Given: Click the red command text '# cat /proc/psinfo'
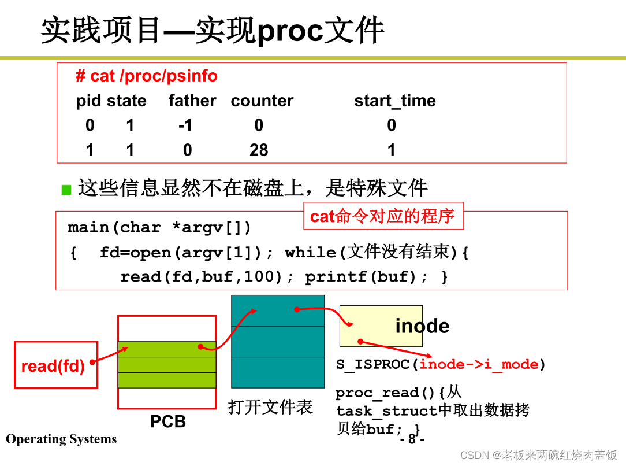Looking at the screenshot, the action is click(x=147, y=76).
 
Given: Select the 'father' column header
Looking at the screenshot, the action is click(x=192, y=101).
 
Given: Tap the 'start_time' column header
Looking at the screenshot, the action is click(x=395, y=101).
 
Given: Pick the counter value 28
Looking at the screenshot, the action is click(x=259, y=150).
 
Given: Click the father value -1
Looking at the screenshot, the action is click(x=185, y=125).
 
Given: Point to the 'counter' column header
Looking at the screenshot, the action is click(x=262, y=101).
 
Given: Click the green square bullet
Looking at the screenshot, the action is click(x=66, y=190).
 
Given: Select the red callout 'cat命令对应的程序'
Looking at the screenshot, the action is click(x=383, y=216).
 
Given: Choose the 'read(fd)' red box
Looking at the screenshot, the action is click(x=55, y=365).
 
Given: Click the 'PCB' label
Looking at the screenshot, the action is click(x=168, y=421).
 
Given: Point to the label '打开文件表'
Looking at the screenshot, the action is click(x=270, y=407).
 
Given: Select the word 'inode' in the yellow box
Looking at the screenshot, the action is click(x=422, y=326).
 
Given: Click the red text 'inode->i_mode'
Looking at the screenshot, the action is click(x=479, y=364).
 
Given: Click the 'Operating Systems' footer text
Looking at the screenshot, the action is click(x=61, y=439).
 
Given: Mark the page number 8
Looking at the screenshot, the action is click(x=412, y=439).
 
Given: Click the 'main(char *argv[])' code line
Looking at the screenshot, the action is click(x=160, y=228).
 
